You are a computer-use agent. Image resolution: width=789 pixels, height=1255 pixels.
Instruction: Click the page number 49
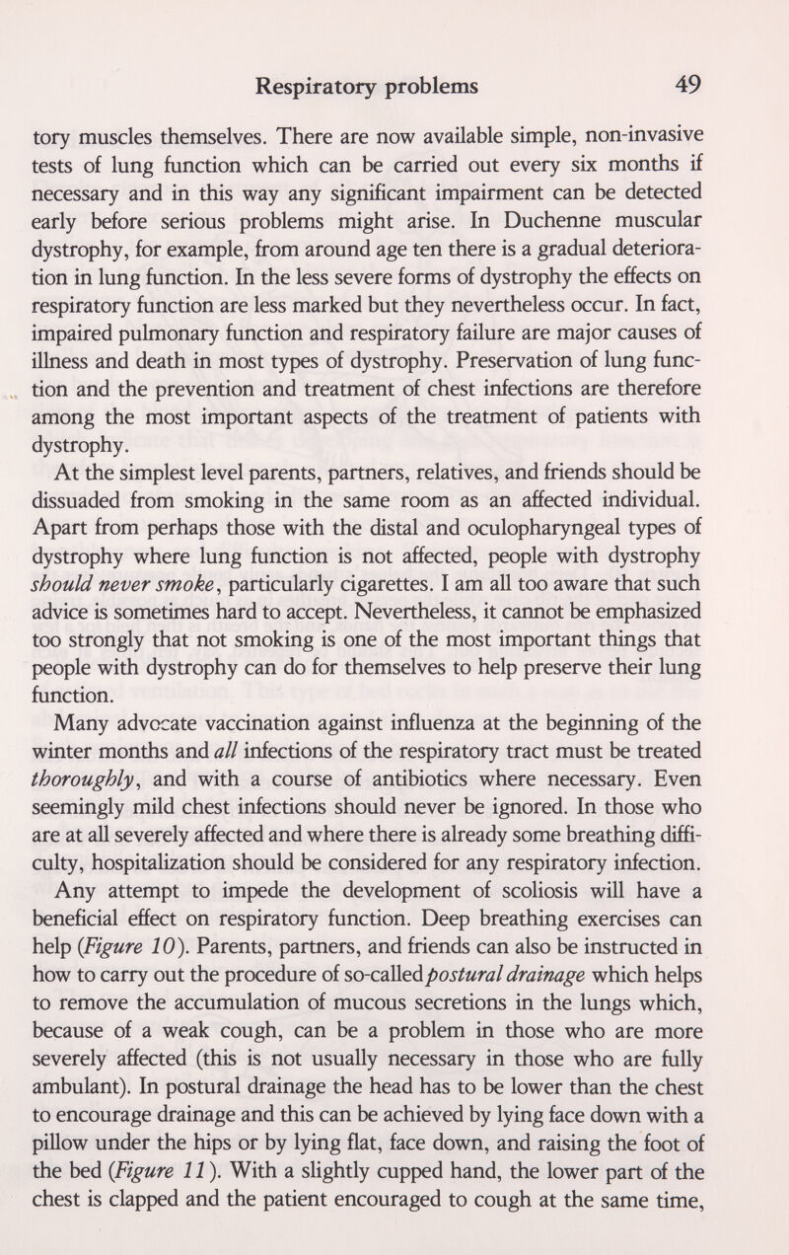pyautogui.click(x=681, y=86)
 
